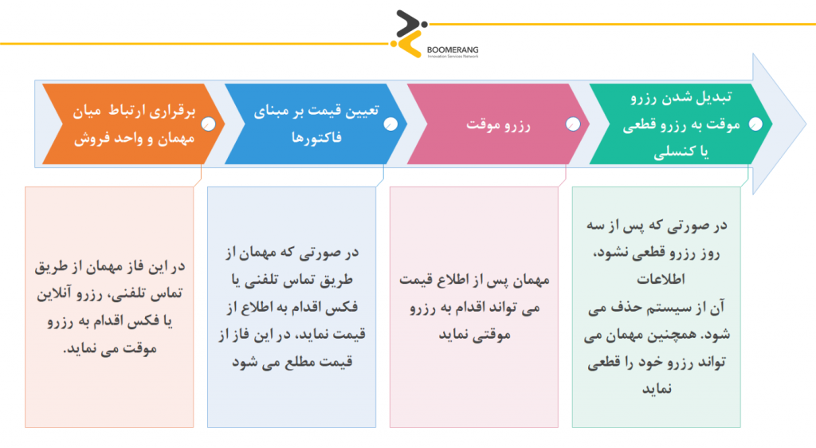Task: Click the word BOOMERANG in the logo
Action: (x=453, y=50)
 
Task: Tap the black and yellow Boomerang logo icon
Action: (x=409, y=33)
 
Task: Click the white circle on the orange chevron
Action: (x=208, y=124)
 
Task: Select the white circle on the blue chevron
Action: (x=390, y=124)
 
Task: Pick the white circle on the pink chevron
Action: (x=572, y=124)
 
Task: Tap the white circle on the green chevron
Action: (x=755, y=124)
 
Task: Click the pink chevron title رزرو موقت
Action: (x=498, y=125)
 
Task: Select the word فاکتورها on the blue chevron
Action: (x=316, y=138)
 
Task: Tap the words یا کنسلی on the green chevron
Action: (x=681, y=151)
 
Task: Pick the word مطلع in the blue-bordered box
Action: (x=299, y=362)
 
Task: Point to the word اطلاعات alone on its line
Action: (x=661, y=280)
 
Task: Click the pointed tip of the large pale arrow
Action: (x=806, y=124)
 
